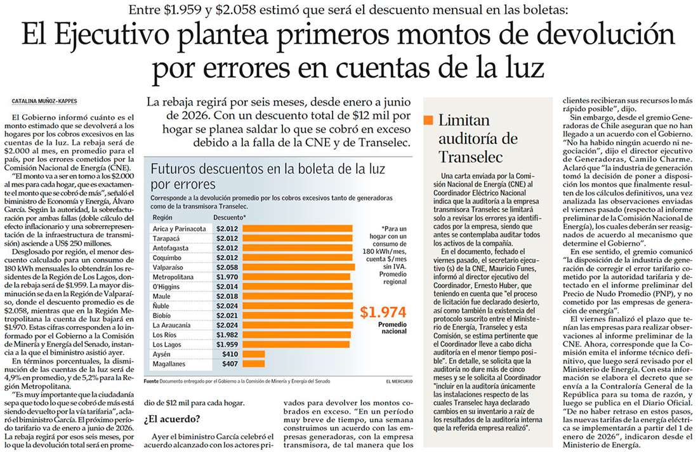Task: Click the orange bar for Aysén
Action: coord(253,354)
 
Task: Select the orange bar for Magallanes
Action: coord(253,364)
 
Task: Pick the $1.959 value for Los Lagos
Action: coord(227,344)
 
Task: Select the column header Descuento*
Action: coord(230,216)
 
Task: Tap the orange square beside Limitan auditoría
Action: coord(428,120)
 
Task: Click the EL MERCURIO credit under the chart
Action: coord(400,381)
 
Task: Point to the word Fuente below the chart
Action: coord(151,381)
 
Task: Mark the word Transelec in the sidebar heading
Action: coord(470,157)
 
